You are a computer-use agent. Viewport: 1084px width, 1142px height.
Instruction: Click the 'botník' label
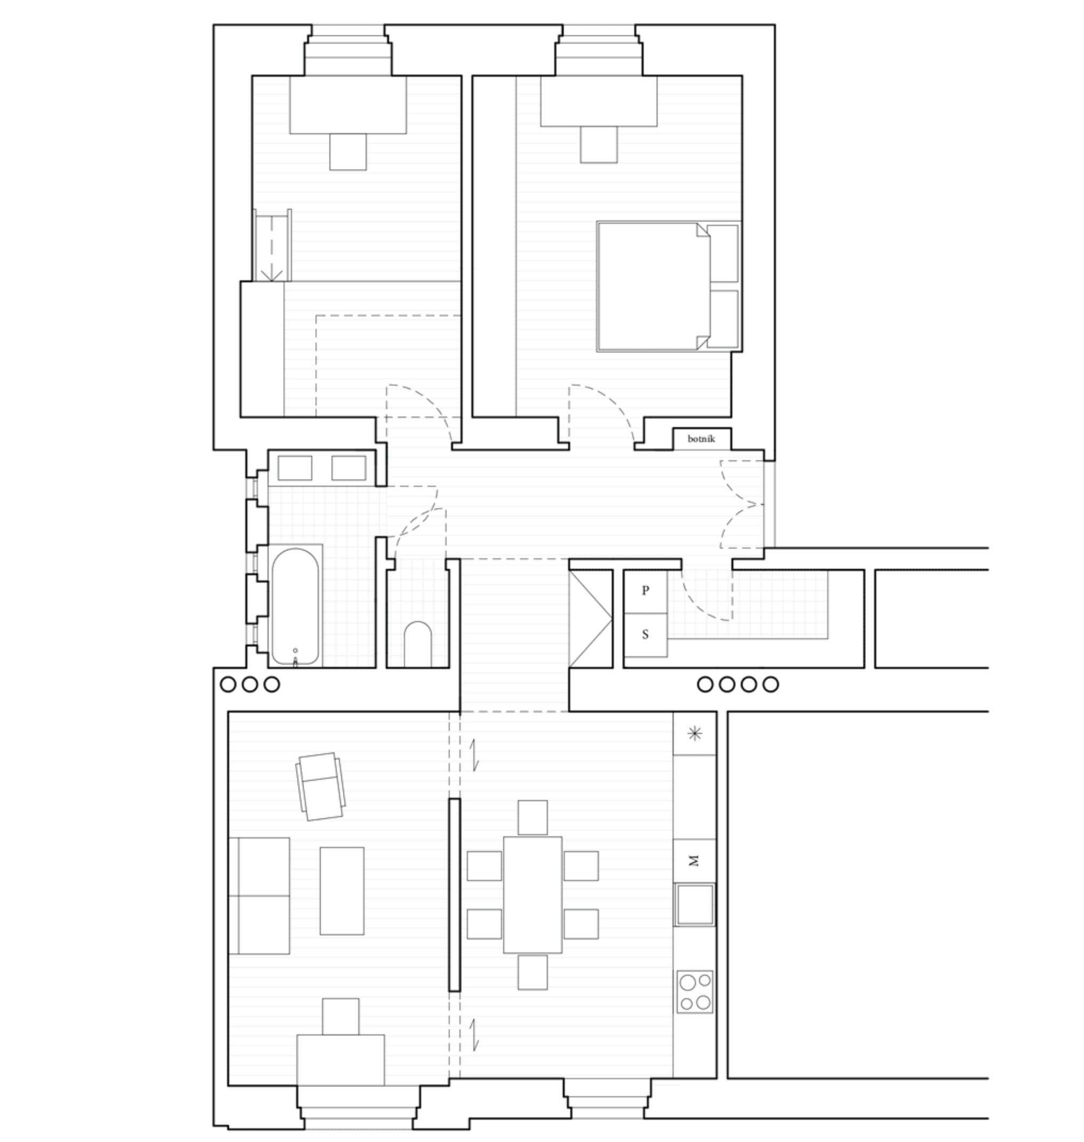(701, 439)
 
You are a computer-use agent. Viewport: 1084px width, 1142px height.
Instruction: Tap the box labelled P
(645, 591)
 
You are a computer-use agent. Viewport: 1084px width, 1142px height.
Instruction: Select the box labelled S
(645, 635)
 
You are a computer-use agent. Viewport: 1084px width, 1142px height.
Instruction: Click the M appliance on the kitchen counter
(694, 861)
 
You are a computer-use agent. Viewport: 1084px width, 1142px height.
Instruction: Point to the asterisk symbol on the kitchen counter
(694, 734)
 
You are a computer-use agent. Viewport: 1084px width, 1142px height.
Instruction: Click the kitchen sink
(694, 904)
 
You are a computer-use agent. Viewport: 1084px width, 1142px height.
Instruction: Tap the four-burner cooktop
(694, 992)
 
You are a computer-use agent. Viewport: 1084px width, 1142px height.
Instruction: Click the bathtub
(295, 607)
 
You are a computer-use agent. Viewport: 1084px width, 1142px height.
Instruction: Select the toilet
(418, 644)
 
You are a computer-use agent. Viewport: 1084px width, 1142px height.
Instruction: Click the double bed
(668, 287)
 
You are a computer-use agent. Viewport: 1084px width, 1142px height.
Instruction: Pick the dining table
(532, 895)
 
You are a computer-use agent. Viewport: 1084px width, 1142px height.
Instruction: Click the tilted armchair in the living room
(321, 786)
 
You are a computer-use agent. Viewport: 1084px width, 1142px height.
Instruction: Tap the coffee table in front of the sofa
(342, 891)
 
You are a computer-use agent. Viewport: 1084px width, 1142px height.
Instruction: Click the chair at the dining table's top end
(532, 818)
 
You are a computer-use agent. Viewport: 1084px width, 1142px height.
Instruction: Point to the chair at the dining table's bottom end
(532, 972)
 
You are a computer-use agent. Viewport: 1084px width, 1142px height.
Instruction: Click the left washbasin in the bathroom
(295, 468)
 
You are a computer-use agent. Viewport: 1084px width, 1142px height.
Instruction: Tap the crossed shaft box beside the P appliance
(590, 619)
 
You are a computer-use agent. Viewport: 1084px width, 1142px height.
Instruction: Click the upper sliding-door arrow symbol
(474, 755)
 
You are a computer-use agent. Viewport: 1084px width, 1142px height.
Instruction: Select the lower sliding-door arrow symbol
(474, 1035)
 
